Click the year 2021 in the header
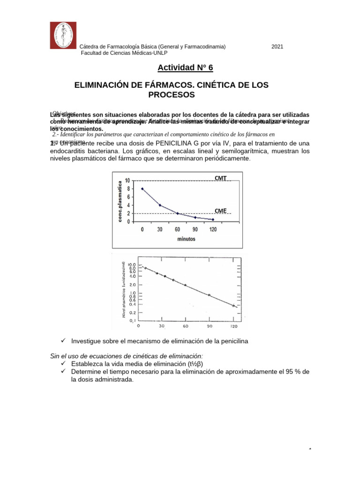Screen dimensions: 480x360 [277, 47]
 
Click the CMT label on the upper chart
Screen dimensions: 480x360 [221, 178]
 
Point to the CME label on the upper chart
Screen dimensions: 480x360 [221, 211]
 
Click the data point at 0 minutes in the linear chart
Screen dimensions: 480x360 [142, 189]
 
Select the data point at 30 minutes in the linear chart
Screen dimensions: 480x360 [160, 205]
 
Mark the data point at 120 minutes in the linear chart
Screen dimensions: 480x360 [213, 219]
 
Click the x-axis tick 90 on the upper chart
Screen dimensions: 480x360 [195, 230]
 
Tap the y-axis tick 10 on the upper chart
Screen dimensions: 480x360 [127, 181]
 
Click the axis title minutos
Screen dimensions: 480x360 [186, 238]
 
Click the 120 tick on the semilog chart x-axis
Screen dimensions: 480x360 [233, 326]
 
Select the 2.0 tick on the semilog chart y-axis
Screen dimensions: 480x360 [133, 285]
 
